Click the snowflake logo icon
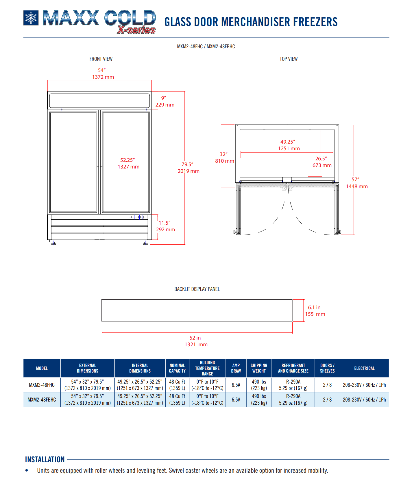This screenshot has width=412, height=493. coord(31,18)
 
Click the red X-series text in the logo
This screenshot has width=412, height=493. coord(136,30)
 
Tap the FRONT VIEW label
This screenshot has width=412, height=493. coord(101,59)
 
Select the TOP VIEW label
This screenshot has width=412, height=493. coord(288,59)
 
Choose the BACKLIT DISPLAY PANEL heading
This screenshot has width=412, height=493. coord(197,289)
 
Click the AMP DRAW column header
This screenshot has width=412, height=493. coord(236,368)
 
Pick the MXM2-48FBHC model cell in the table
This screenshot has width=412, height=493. coord(42,400)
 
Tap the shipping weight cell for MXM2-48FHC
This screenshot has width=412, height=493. coord(259,385)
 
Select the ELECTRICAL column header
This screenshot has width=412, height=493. coord(364,368)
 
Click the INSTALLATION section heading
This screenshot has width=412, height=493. coord(45,460)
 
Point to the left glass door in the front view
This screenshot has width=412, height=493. coord(73,162)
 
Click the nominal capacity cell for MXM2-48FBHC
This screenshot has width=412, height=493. coord(177,400)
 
